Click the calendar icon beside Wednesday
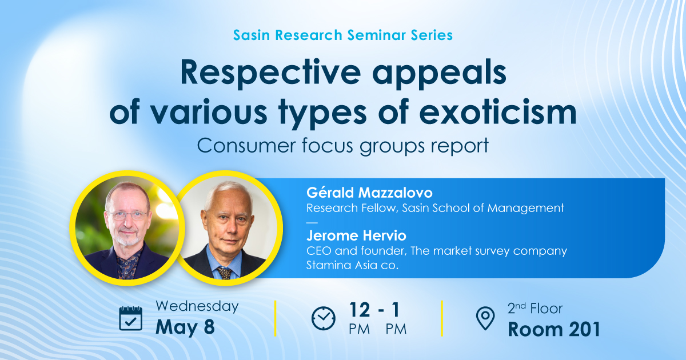[x=130, y=318]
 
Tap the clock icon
[x=324, y=318]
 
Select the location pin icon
[x=485, y=318]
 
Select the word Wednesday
[x=197, y=306]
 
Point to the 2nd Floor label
[x=535, y=309]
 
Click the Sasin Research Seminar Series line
[x=342, y=35]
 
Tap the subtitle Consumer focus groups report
[x=342, y=145]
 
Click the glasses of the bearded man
[x=127, y=215]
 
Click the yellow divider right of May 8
[x=276, y=318]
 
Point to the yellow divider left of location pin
[x=442, y=318]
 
